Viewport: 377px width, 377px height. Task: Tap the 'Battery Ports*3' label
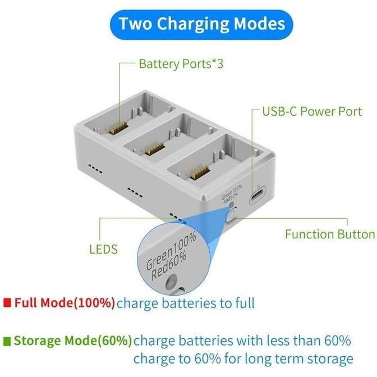pos(181,63)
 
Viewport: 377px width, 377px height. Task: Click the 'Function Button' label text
pos(330,233)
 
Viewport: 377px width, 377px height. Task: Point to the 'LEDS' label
pos(104,249)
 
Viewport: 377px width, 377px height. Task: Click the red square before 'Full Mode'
pos(7,303)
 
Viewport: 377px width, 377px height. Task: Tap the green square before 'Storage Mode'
pos(7,341)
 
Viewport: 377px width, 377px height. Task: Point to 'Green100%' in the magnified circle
pos(172,251)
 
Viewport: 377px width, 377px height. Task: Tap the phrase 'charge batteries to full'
pos(186,304)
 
